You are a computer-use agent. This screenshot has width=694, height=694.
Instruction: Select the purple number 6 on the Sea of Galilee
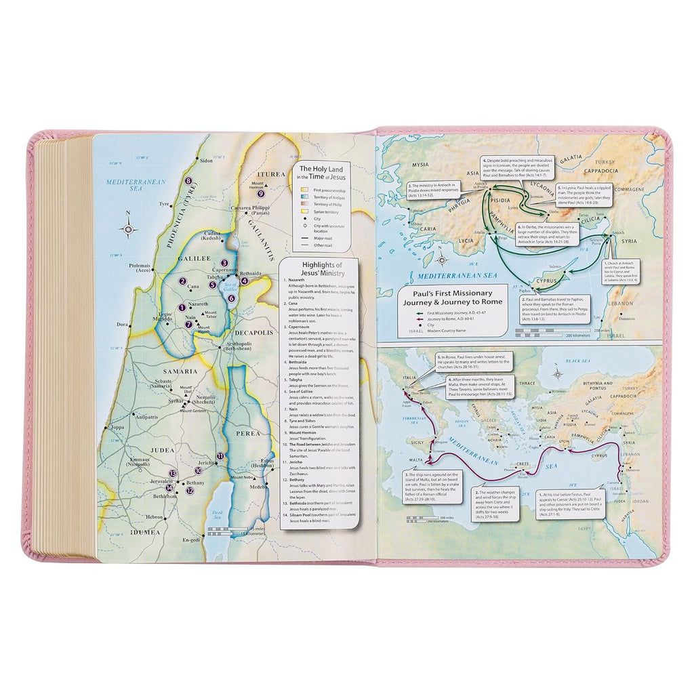click(231, 297)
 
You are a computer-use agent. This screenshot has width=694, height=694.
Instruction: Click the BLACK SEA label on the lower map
click(579, 363)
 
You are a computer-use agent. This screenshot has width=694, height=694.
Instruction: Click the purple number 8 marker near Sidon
click(189, 181)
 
